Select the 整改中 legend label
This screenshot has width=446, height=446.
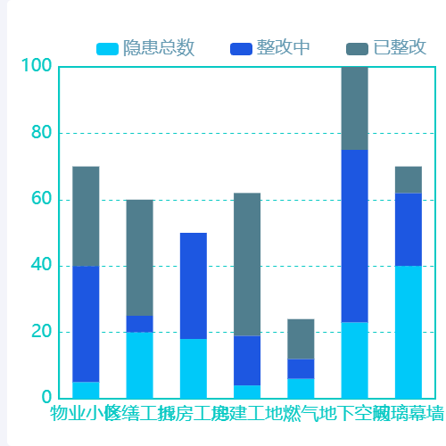[x=283, y=47]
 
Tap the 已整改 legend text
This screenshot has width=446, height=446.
[x=399, y=47]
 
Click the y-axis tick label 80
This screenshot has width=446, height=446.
[x=39, y=133]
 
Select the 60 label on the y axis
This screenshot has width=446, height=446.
[x=39, y=200]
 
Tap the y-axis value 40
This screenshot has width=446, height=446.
[x=39, y=266]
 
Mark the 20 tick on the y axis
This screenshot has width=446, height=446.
[x=39, y=332]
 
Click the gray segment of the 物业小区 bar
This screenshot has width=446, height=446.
[x=86, y=216]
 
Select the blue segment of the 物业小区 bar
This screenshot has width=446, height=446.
[x=86, y=324]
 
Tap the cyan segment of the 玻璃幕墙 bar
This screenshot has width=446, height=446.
[x=409, y=332]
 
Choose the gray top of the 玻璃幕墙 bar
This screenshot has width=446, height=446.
[x=409, y=179]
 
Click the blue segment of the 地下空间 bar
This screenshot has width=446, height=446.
[x=354, y=235]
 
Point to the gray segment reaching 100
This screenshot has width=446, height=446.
[x=354, y=108]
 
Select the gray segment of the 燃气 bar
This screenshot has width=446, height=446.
[x=301, y=339]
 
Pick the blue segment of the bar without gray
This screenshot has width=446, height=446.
[x=194, y=285]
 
